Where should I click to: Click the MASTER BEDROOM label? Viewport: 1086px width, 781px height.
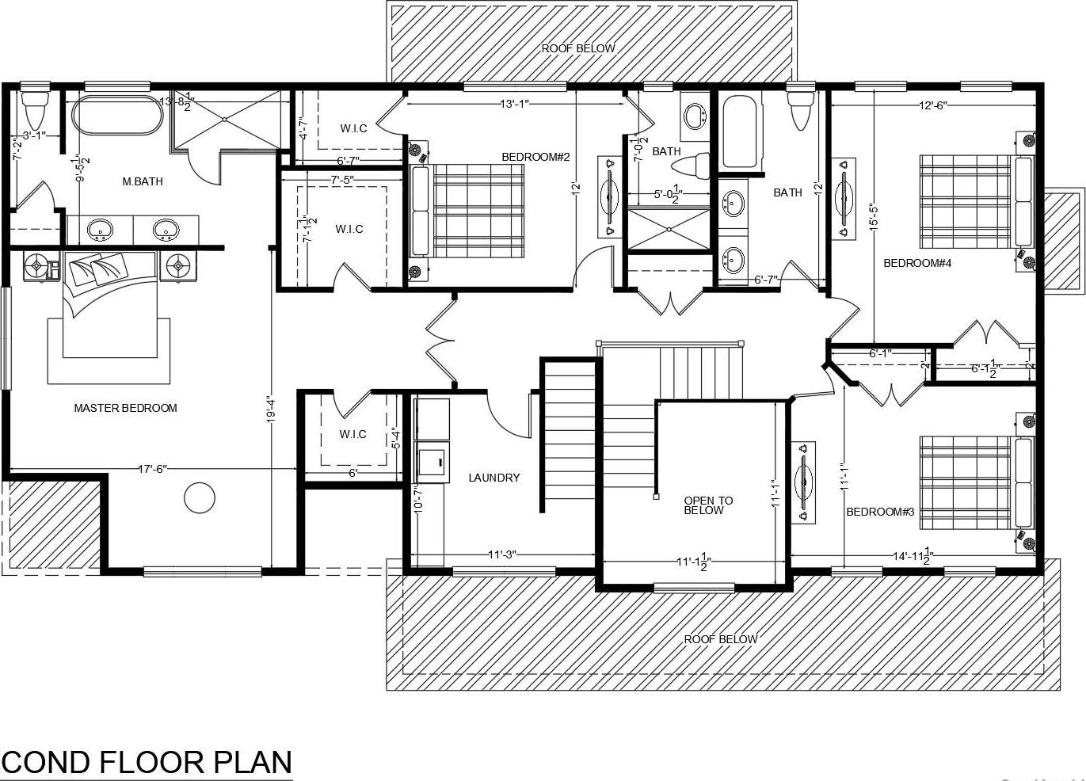click(x=125, y=408)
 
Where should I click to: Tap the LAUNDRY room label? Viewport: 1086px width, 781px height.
click(x=493, y=478)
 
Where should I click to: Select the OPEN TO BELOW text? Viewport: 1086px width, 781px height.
click(x=708, y=505)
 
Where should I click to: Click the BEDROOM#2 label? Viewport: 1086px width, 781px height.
click(x=535, y=157)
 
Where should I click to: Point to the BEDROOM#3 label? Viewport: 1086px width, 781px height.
click(x=880, y=512)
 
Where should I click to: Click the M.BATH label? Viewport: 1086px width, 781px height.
click(x=143, y=181)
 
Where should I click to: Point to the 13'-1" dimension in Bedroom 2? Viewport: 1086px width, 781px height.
click(x=513, y=103)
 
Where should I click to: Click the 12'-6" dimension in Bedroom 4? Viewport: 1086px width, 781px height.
click(x=932, y=105)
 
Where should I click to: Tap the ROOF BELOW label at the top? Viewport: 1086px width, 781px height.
click(x=577, y=48)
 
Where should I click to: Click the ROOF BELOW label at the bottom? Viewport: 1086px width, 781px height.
click(x=720, y=639)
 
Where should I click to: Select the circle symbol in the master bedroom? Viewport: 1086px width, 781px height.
click(x=199, y=497)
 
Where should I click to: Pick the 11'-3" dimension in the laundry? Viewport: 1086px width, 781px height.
click(x=501, y=554)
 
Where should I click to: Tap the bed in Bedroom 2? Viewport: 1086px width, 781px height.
click(x=467, y=210)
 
